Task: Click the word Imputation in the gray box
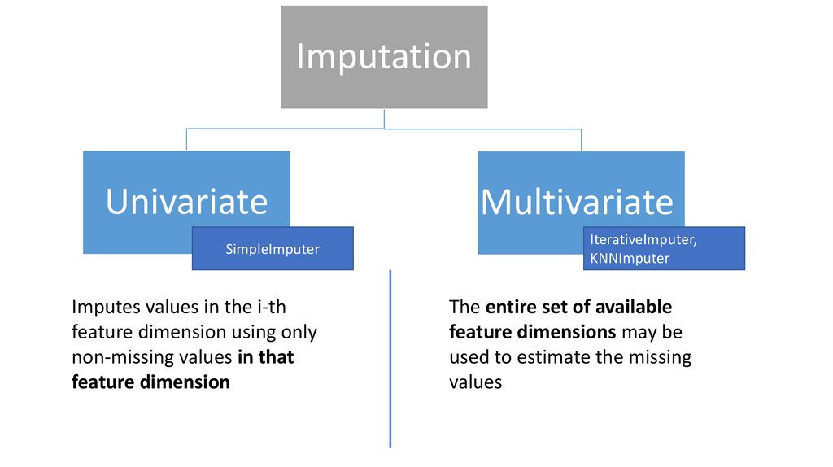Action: click(384, 57)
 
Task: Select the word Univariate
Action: click(186, 201)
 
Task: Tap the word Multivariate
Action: click(578, 201)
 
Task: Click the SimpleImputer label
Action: click(273, 250)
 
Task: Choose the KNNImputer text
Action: click(626, 259)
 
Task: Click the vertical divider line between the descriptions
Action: click(390, 358)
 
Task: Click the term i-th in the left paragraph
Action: click(266, 308)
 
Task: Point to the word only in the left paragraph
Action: click(297, 332)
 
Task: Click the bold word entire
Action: click(513, 308)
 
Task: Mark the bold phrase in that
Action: click(266, 357)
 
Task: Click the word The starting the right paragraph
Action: click(464, 308)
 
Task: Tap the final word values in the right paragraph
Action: click(476, 382)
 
